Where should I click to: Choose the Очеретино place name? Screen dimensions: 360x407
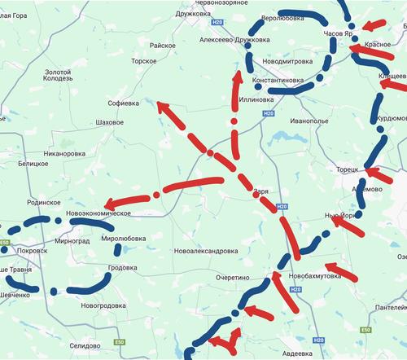(232, 278)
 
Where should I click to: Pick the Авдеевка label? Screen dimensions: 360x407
(291, 353)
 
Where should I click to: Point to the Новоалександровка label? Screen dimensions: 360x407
(205, 251)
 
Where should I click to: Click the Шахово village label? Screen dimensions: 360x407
(110, 122)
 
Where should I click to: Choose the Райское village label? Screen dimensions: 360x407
(163, 46)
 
